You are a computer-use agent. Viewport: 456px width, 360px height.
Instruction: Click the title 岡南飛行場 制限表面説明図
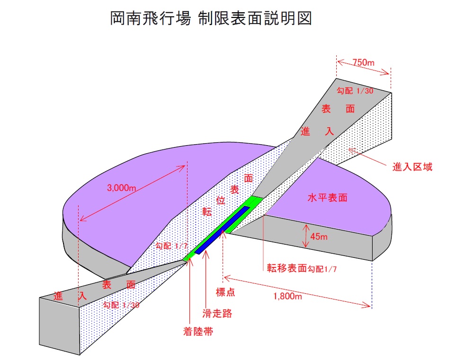(211, 19)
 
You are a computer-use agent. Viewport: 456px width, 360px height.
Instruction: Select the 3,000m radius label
(122, 188)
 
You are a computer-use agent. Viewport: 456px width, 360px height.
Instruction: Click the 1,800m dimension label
(288, 297)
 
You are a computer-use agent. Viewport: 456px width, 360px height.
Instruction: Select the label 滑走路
(217, 313)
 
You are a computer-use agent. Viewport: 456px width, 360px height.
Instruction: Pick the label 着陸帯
(197, 331)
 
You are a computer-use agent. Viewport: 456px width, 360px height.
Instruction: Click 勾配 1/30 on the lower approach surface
(121, 305)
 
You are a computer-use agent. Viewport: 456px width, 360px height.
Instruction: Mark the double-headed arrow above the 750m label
(364, 69)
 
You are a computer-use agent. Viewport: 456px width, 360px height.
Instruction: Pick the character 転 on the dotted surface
(206, 211)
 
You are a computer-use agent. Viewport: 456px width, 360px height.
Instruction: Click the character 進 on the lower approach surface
(59, 297)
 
